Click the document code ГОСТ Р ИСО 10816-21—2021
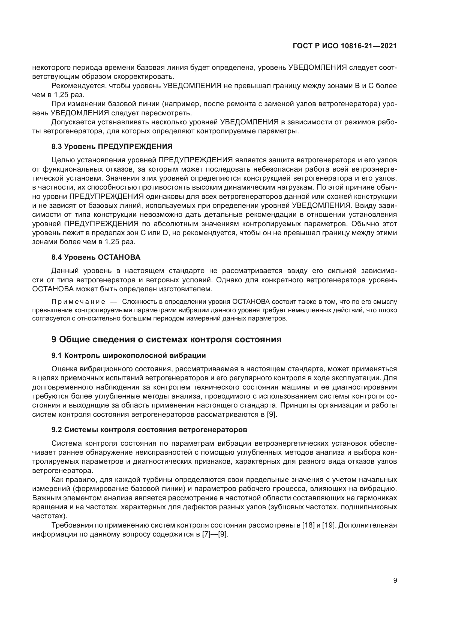[345, 46]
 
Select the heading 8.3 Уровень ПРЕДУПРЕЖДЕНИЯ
[112, 146]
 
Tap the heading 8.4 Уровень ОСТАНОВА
[96, 257]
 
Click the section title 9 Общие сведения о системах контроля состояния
[166, 339]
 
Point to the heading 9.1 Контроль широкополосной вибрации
[129, 355]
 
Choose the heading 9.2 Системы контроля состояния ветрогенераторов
[149, 430]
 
